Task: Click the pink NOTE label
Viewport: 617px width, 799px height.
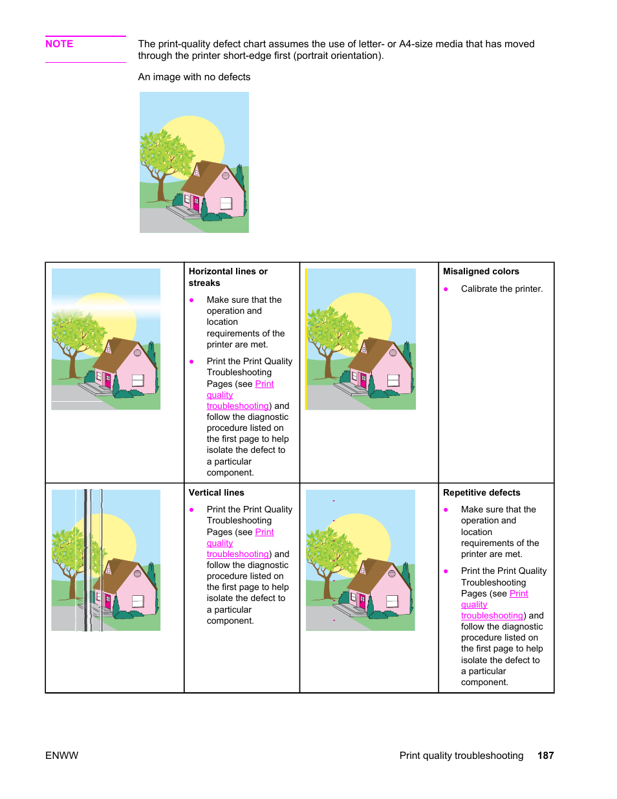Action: (x=59, y=44)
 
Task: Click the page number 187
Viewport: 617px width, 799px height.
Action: (x=545, y=755)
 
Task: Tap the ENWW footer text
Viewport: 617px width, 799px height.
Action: (x=61, y=755)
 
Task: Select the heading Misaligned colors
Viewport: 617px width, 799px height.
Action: (x=481, y=271)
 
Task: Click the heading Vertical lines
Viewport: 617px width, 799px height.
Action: (x=216, y=492)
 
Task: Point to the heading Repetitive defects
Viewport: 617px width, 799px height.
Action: (x=481, y=492)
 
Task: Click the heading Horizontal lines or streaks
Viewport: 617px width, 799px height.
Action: (x=228, y=277)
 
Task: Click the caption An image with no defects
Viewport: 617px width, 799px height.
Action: (x=194, y=77)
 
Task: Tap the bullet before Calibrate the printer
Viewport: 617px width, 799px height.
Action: (x=446, y=289)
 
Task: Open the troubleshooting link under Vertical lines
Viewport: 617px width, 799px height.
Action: (x=237, y=554)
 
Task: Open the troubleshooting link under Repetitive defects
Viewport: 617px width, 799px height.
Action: (x=492, y=616)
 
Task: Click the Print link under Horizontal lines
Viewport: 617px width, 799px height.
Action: (x=265, y=384)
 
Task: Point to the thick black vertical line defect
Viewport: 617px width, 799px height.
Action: (x=85, y=560)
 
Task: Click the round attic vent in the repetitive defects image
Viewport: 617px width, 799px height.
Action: (x=391, y=574)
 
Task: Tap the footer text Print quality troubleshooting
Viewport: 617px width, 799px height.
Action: (x=461, y=755)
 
